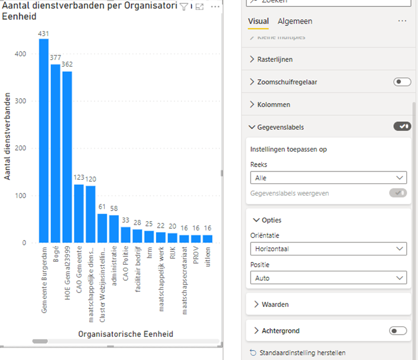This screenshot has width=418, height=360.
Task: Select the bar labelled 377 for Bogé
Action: click(56, 154)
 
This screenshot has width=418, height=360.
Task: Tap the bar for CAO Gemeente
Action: click(79, 213)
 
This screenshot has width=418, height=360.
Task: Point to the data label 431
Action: click(44, 34)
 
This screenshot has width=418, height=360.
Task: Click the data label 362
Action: click(67, 64)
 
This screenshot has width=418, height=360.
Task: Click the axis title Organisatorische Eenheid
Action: click(125, 334)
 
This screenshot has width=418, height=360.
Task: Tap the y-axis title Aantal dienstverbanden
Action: click(8, 136)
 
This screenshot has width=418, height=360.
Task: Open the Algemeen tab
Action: click(294, 21)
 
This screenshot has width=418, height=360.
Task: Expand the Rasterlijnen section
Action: click(274, 59)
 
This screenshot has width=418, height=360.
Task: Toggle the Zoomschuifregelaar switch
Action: click(402, 82)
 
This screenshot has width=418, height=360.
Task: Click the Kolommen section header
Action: click(273, 105)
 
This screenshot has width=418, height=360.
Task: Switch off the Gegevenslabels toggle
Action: click(402, 126)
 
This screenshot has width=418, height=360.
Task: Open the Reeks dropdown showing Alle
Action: click(328, 177)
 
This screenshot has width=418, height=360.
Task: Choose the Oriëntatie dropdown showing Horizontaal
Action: click(328, 249)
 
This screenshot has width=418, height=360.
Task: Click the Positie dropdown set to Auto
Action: click(328, 277)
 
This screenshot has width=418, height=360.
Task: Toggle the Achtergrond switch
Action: click(398, 331)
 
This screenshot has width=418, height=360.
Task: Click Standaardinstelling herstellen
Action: click(302, 353)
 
